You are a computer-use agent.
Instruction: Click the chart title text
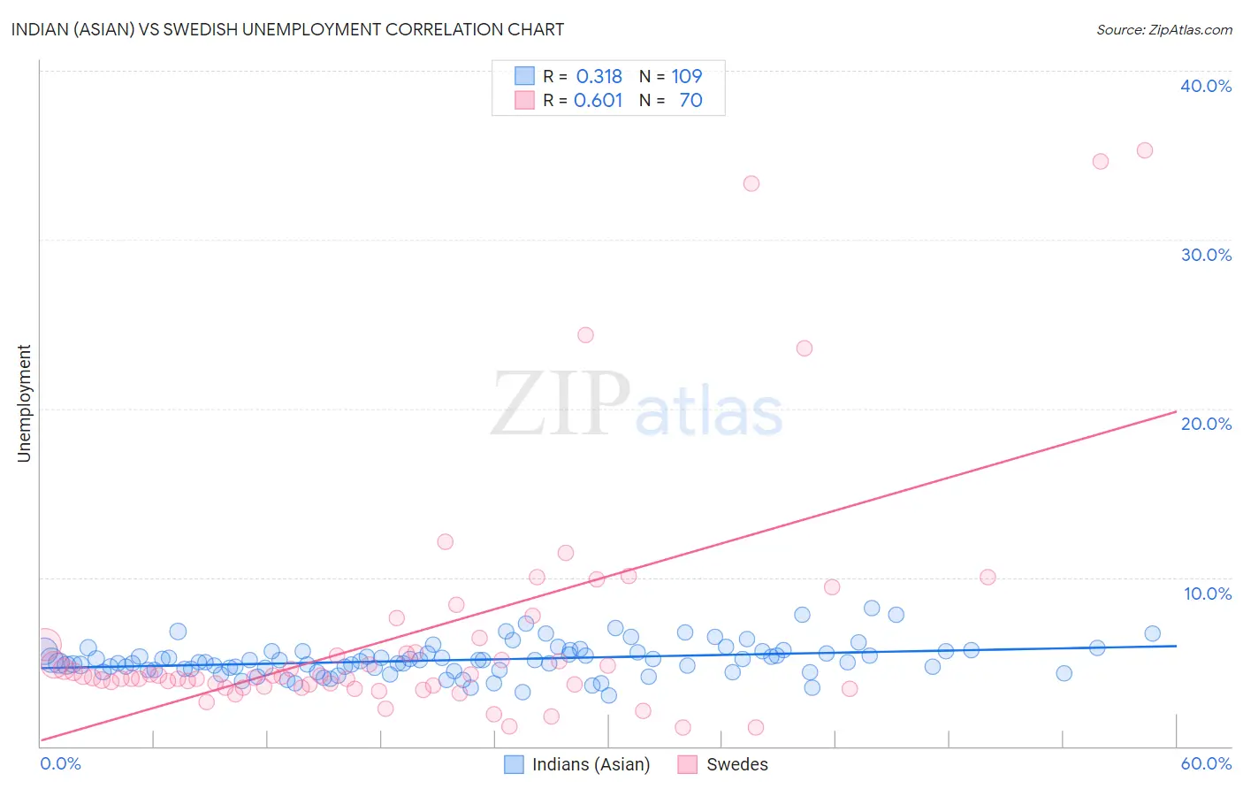point(287,29)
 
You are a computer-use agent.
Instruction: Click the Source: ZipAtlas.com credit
point(1163,29)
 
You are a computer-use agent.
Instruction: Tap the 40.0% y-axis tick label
point(1206,86)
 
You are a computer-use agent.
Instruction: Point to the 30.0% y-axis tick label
point(1206,255)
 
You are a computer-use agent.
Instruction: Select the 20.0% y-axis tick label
point(1206,424)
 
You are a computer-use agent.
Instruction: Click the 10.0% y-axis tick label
point(1208,594)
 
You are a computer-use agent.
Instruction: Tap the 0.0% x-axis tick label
point(60,763)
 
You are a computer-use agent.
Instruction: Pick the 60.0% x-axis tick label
point(1206,763)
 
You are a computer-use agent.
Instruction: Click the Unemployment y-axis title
point(24,403)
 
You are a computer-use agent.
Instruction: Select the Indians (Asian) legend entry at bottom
point(577,764)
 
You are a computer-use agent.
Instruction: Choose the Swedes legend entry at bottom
point(723,764)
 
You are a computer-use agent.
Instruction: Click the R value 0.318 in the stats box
point(599,77)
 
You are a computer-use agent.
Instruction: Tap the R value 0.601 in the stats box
point(599,101)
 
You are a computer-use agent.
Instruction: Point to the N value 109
point(686,77)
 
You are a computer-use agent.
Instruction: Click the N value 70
point(690,101)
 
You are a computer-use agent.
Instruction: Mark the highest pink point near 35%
point(1144,150)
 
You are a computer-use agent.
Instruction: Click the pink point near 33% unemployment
point(751,184)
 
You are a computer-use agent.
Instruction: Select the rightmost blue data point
point(1152,633)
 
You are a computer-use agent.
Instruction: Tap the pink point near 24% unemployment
point(585,335)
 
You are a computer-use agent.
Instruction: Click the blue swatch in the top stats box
point(524,77)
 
